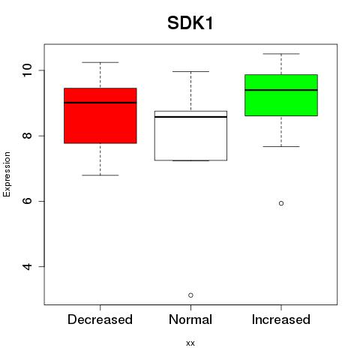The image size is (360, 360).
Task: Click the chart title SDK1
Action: coord(190,23)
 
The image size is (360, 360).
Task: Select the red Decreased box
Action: coord(100,115)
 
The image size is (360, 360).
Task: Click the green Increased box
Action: coord(281,95)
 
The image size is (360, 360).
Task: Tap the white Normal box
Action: coord(190,136)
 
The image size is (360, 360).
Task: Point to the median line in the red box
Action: coord(100,103)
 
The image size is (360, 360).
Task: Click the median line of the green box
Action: coord(281,90)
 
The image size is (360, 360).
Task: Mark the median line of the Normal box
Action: coord(190,117)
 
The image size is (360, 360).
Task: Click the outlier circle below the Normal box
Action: coord(190,295)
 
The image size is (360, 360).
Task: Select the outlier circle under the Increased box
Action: coord(281,203)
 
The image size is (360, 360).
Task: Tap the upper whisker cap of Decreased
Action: coord(100,62)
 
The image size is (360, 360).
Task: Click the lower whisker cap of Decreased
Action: coord(100,175)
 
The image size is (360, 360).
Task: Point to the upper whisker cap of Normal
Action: coord(190,71)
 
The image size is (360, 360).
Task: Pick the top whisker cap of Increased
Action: coord(281,54)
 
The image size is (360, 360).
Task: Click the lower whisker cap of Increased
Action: coord(281,146)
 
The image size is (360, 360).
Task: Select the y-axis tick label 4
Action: coord(27,266)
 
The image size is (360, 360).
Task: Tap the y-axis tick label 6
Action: coord(27,201)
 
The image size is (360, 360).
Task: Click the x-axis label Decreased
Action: coord(100,319)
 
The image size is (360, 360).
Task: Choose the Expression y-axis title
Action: coord(7,174)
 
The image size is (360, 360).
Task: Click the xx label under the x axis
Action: coord(190,343)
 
